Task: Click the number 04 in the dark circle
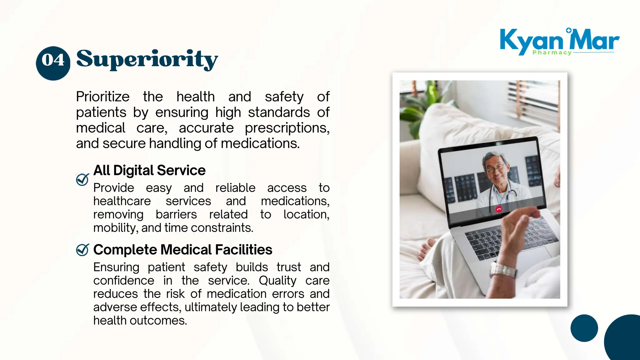(53, 60)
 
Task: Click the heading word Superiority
(147, 59)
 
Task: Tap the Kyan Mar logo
(559, 41)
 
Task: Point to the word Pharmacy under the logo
(552, 52)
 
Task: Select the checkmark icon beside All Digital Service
(82, 179)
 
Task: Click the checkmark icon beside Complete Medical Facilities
(82, 250)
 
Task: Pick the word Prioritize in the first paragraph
(102, 97)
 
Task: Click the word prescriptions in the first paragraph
(287, 128)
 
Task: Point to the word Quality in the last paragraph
(277, 281)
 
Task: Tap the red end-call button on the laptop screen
(499, 209)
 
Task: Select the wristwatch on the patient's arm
(503, 270)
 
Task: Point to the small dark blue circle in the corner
(584, 328)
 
